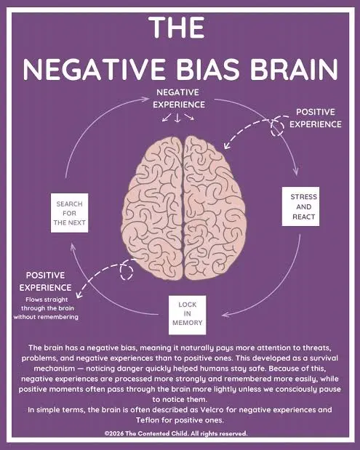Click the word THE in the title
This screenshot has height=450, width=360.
[177, 27]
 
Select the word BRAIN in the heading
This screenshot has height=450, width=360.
[294, 69]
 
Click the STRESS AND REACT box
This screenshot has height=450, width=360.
[300, 206]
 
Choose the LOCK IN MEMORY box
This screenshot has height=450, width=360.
[187, 315]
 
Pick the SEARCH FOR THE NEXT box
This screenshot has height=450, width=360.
[70, 213]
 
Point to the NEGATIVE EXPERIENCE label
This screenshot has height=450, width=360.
[179, 98]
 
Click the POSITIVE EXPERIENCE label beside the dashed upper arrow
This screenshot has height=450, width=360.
[316, 118]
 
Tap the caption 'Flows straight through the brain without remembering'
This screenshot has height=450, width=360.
[46, 308]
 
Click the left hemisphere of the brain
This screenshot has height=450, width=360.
[152, 208]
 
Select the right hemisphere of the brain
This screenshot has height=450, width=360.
[215, 208]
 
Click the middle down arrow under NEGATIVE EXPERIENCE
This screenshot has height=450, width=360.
[177, 118]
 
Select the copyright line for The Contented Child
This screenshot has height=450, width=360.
[176, 433]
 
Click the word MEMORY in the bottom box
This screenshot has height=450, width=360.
[187, 323]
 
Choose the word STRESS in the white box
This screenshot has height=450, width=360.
[304, 197]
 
